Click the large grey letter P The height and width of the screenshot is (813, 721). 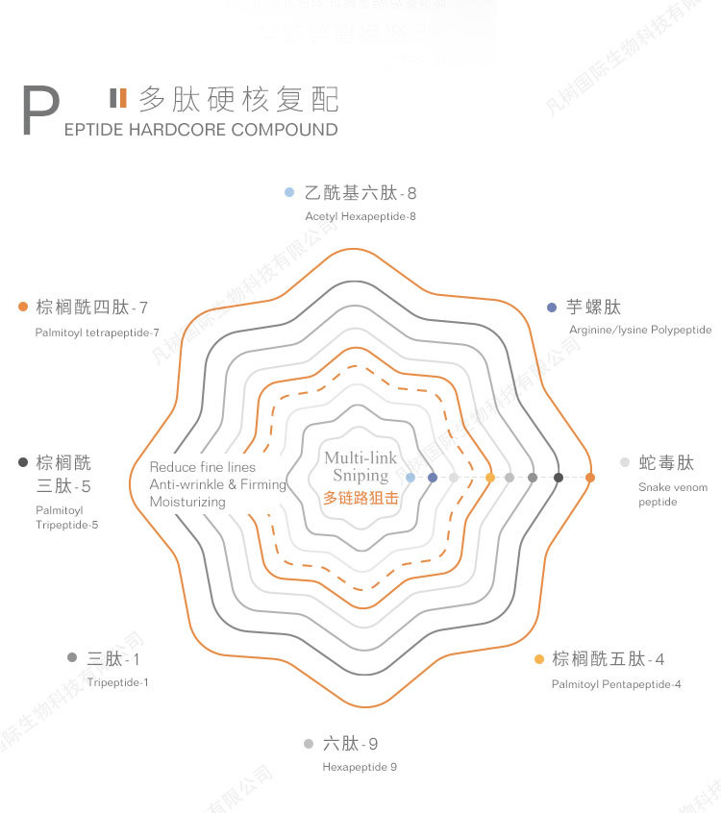click(39, 111)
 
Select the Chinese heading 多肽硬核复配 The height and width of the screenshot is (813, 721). click(238, 99)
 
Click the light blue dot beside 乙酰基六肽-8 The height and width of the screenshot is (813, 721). click(288, 192)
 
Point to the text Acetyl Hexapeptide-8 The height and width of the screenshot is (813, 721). click(360, 216)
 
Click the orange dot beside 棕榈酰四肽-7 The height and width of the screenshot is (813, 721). click(23, 308)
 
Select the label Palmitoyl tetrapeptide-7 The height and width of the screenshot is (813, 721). click(97, 333)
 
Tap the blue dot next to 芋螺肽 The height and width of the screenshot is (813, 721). click(551, 308)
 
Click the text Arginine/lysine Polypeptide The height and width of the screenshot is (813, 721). click(640, 330)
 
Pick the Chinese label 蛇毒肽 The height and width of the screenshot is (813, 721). click(666, 463)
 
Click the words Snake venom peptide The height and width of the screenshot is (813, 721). click(672, 494)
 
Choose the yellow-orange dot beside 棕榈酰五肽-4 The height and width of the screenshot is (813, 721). click(538, 659)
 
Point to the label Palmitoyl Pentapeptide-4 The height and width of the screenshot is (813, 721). click(616, 684)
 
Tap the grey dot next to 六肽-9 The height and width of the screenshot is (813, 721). click(309, 744)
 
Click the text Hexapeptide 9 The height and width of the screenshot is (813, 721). click(360, 767)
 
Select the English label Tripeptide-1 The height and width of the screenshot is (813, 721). click(118, 682)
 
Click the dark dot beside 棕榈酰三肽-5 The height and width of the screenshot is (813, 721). click(23, 462)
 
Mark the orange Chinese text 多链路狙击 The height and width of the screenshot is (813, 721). click(360, 498)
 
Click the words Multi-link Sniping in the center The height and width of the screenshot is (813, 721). click(360, 467)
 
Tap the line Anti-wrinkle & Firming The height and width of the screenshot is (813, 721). click(218, 484)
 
